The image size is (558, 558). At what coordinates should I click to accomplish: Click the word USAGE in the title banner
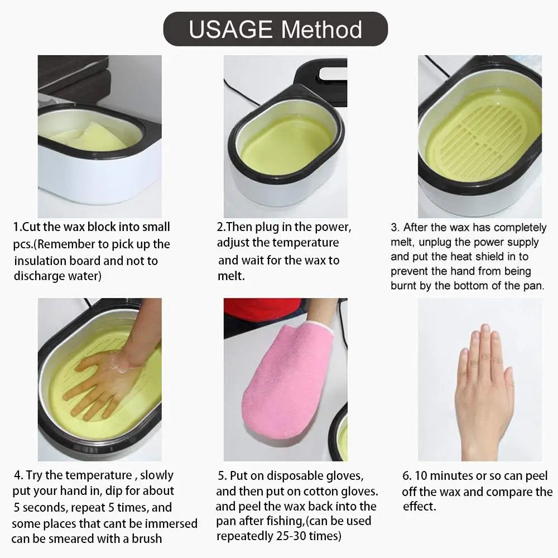coord(229,29)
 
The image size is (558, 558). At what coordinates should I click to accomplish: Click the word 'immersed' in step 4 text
coord(172,523)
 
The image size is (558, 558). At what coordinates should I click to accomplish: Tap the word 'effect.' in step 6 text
coord(419,507)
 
